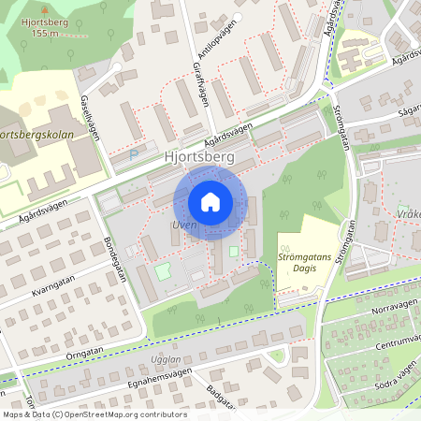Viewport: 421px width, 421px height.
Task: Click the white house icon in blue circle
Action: click(210, 201)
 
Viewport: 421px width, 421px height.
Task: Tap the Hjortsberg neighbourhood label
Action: click(198, 158)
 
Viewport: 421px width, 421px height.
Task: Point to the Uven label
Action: click(182, 225)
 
